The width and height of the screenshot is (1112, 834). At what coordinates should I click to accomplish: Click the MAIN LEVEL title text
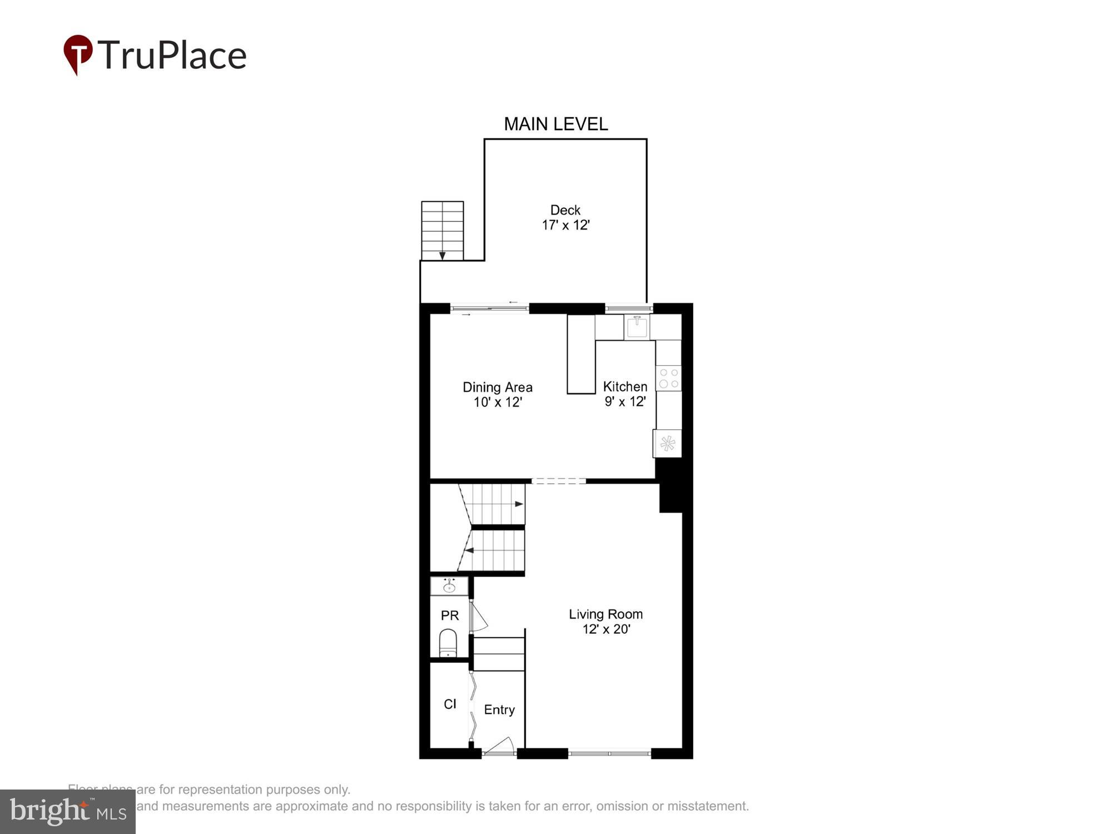coord(555,124)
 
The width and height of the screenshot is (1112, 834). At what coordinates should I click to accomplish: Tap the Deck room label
coord(565,210)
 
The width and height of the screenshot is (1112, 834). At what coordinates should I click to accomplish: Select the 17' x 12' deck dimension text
coord(565,225)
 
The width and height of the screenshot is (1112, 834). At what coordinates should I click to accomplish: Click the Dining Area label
coord(498,387)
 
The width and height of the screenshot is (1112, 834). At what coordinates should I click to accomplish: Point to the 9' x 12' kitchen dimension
coord(625,401)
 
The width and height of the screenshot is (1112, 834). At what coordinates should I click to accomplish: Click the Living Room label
coord(605,614)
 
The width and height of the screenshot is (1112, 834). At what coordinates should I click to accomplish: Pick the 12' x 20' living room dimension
coord(606,629)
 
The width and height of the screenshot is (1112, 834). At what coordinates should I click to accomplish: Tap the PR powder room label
coord(450,615)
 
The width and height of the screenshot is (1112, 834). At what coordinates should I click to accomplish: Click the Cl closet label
coord(450,704)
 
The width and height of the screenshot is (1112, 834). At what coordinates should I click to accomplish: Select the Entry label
coord(499,710)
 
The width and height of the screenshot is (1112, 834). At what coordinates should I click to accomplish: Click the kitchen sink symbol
coord(637,327)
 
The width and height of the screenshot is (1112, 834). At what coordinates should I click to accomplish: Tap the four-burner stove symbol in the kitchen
coord(668,378)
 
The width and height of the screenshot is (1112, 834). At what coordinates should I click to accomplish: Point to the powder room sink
coord(449,587)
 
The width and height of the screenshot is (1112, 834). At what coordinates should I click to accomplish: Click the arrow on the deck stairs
coord(443,255)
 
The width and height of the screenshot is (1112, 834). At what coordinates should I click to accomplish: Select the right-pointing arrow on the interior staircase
coord(518,504)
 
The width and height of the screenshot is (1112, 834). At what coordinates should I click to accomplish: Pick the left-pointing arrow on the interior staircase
coord(469,550)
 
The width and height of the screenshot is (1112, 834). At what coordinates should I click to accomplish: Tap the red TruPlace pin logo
coord(78,54)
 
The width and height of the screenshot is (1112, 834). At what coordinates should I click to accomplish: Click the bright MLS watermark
coord(68,812)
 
